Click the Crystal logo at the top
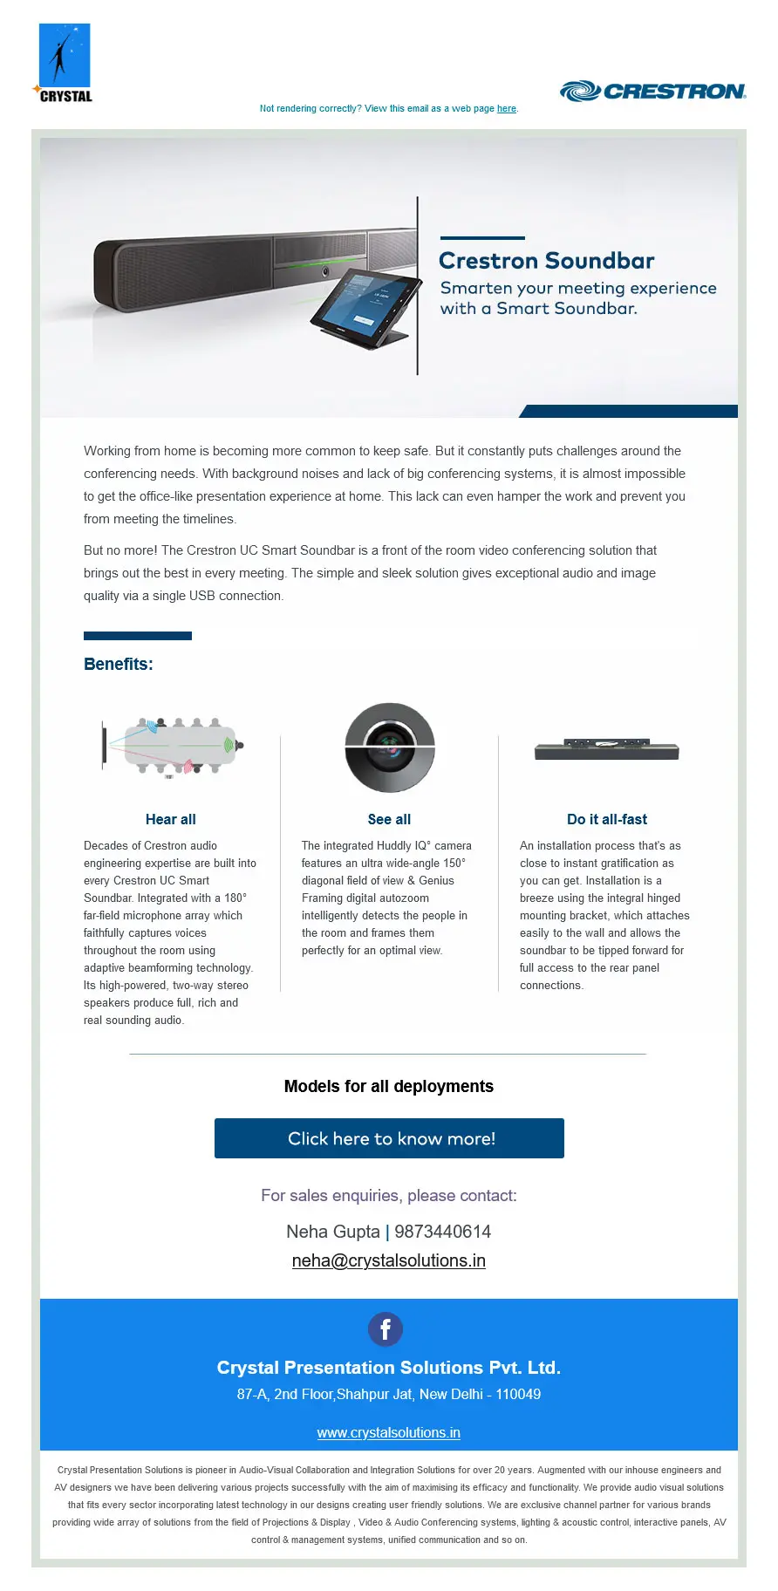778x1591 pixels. pos(64,64)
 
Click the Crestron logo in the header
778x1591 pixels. pos(652,91)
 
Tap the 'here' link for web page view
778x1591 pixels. pos(506,109)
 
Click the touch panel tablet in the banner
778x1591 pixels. pos(362,308)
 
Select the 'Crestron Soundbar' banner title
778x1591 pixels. pos(546,261)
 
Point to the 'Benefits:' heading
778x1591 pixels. pos(119,664)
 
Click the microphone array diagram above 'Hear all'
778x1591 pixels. pos(172,746)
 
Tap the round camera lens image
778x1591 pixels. pos(389,748)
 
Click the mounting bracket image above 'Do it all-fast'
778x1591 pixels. pos(607,748)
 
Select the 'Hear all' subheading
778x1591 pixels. pos(171,819)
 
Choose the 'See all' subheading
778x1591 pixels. pos(389,819)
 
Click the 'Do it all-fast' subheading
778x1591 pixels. pos(607,819)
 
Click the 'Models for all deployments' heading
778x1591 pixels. pos(389,1086)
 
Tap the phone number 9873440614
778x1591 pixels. pos(442,1232)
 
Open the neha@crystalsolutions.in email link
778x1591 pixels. pos(389,1260)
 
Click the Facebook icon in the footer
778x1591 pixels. pos(386,1329)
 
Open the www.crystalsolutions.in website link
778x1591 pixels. pos(389,1432)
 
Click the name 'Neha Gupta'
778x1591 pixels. pos(333,1232)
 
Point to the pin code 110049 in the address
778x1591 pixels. pos(518,1394)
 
